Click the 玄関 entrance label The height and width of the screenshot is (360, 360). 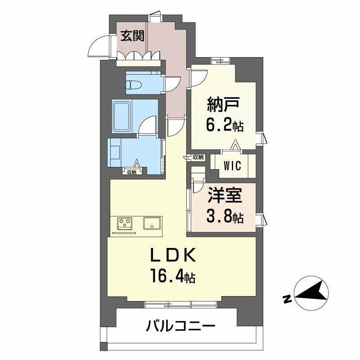[132, 36]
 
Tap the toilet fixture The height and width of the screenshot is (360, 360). [134, 84]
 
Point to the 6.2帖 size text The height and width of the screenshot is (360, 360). [225, 125]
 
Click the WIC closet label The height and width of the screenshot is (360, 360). [233, 165]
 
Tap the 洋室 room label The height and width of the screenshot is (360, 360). [225, 197]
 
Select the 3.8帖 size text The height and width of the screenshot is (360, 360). [225, 217]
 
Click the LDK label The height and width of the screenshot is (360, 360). [172, 257]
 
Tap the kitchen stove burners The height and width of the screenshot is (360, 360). [126, 223]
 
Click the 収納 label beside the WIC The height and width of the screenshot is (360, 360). [198, 157]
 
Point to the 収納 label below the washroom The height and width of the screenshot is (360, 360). [131, 171]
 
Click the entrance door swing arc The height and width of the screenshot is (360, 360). [97, 46]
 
